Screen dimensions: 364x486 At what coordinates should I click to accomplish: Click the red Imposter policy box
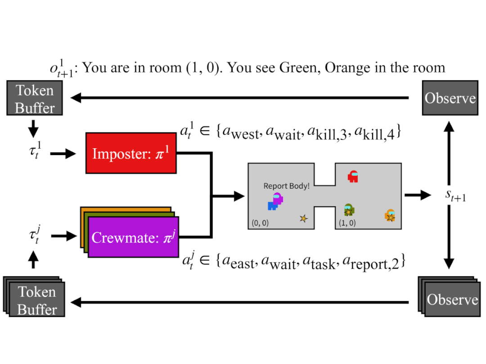coord(130,153)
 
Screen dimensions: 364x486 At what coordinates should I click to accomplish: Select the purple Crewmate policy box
coord(134,237)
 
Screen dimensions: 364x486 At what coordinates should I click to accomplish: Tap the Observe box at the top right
coord(450,98)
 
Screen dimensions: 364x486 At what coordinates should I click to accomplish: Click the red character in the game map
coord(353,176)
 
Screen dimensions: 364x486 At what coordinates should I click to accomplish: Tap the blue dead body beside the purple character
coord(272,205)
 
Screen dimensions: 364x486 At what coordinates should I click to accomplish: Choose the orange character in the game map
coord(390,215)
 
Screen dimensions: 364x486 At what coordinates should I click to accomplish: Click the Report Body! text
coord(286,186)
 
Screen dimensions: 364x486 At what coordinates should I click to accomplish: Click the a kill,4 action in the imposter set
coord(378,133)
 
